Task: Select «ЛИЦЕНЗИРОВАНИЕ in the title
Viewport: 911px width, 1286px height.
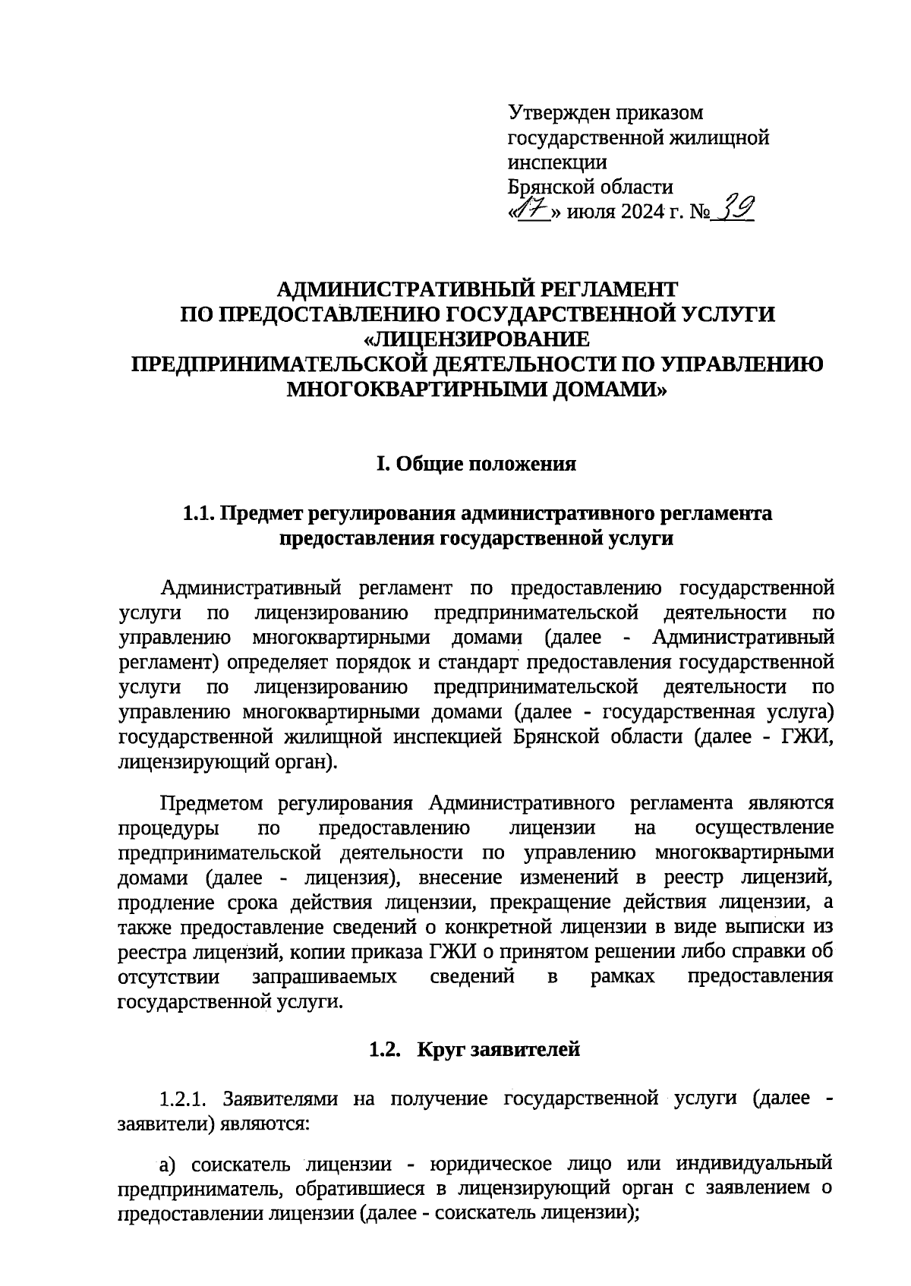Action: pyautogui.click(x=476, y=339)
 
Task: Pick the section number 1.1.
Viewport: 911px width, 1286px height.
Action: pyautogui.click(x=198, y=514)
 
